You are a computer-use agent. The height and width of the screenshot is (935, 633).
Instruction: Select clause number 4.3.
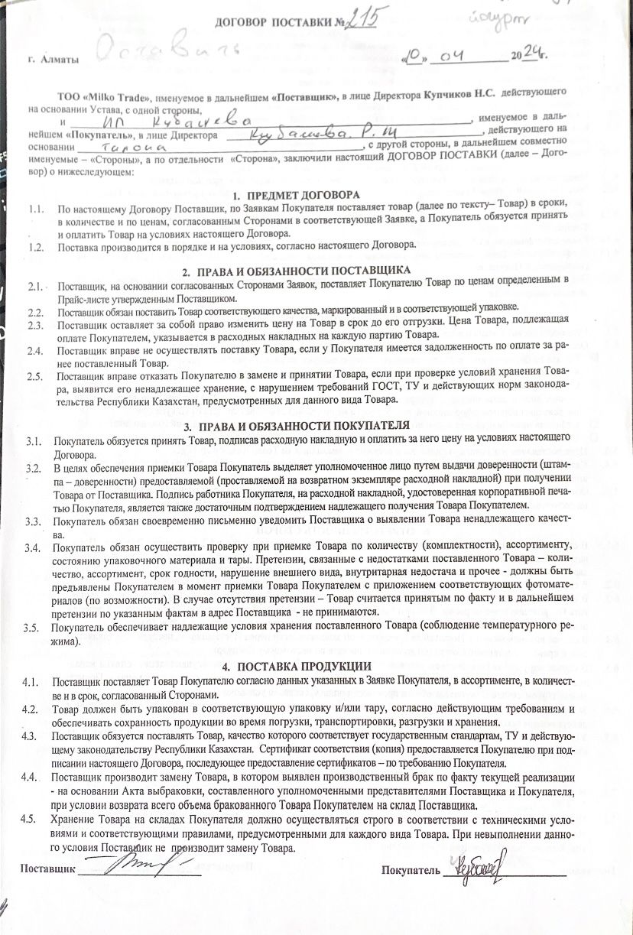pyautogui.click(x=31, y=736)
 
